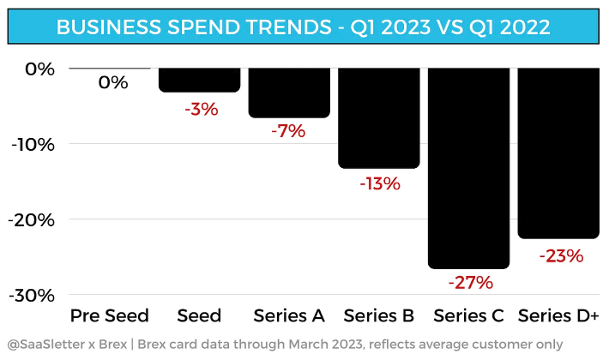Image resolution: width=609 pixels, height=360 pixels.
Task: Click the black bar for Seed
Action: tap(199, 80)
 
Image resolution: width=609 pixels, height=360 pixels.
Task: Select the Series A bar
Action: tap(289, 93)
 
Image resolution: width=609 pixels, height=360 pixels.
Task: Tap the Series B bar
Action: tap(379, 118)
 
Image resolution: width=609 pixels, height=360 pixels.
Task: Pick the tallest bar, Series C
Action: tap(469, 168)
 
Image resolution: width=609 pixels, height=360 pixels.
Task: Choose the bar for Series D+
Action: tap(558, 153)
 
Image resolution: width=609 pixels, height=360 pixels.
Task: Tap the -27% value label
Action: tap(470, 283)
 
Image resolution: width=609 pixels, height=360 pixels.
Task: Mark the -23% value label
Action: tap(561, 255)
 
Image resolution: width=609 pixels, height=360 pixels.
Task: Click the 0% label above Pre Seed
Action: tap(112, 83)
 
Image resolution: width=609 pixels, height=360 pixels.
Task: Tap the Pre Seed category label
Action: tap(109, 315)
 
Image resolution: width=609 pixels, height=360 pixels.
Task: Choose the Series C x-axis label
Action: tap(468, 315)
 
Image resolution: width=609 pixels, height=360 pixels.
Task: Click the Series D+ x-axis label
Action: tap(558, 315)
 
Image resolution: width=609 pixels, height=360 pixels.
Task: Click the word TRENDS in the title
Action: tap(279, 27)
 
